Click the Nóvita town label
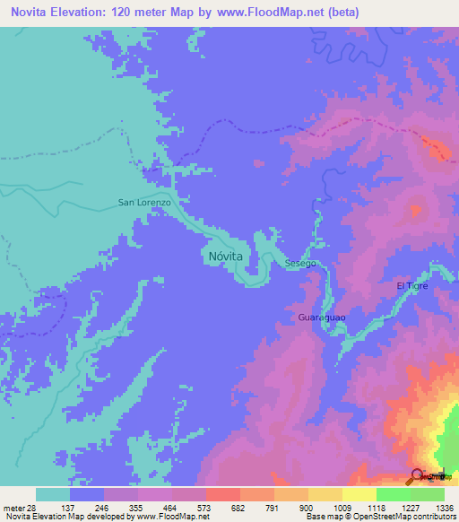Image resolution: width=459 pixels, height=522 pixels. pos(226,256)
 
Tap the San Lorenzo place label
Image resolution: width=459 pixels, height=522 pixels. pos(144,203)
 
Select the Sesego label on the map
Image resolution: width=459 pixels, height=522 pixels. pos(301,264)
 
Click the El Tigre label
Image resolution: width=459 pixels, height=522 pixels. pos(413,285)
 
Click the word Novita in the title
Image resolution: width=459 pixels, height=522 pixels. pos(30,12)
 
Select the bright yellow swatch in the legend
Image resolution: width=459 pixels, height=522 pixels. pos(359,494)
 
